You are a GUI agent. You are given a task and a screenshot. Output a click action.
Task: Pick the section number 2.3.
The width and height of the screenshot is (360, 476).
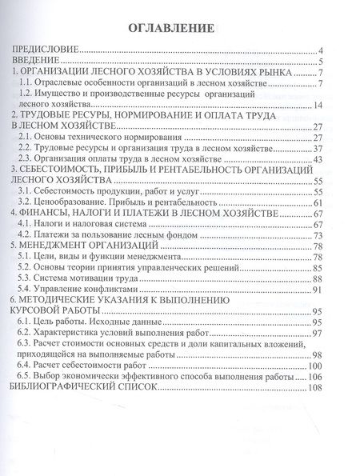[30, 160]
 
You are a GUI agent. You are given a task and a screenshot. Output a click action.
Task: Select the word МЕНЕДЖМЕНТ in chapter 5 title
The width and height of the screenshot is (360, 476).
[54, 247]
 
